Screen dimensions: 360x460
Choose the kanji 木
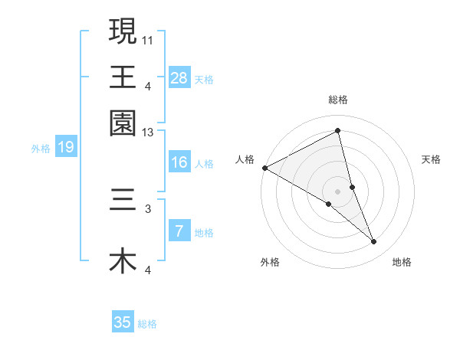click(123, 261)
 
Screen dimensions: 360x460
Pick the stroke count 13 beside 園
click(148, 133)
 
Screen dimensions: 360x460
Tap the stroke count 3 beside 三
click(148, 208)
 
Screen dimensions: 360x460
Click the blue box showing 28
click(179, 77)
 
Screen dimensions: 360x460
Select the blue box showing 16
click(179, 162)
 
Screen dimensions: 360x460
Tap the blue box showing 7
click(179, 232)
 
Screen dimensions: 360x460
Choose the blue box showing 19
click(66, 147)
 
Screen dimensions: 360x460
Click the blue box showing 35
click(123, 322)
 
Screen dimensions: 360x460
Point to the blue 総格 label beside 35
click(147, 324)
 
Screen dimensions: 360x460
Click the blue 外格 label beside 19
click(40, 149)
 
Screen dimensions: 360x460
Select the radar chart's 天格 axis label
click(431, 159)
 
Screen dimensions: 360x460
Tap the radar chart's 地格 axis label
click(402, 262)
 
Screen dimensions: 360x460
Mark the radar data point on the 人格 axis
click(264, 167)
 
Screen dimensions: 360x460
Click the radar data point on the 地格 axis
click(374, 241)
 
